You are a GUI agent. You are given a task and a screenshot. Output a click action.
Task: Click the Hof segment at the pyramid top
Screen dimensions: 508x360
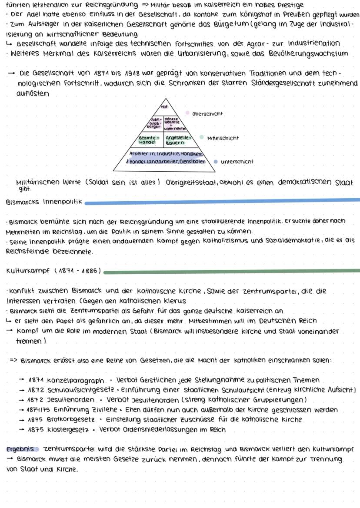coord(164,106)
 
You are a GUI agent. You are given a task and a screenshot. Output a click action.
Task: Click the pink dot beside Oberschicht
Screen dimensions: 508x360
coord(188,113)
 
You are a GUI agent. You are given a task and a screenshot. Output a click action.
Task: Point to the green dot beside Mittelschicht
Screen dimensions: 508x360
coord(201,137)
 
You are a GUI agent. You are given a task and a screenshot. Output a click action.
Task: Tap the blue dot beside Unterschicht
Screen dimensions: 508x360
coord(216,162)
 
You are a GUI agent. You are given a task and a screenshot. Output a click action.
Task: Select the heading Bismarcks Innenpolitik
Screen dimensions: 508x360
coord(44,203)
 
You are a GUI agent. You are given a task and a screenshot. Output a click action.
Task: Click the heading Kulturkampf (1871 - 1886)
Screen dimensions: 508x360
coord(53,272)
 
